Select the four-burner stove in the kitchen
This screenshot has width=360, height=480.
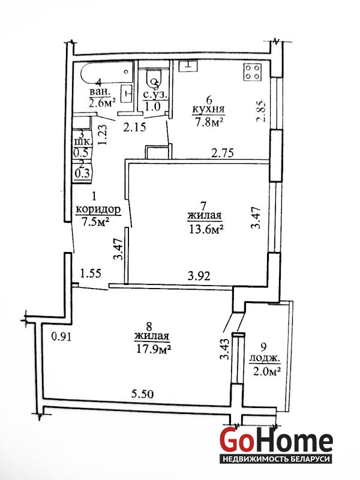click(x=253, y=72)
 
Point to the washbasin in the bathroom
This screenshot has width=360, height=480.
click(x=127, y=94)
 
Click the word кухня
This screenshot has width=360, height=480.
click(x=208, y=109)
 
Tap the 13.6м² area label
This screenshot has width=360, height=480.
click(x=206, y=229)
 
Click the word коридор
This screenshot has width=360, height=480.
click(x=98, y=209)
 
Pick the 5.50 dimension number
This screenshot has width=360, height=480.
click(x=142, y=394)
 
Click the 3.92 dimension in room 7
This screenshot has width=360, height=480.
click(x=199, y=276)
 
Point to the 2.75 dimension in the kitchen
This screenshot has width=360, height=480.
click(x=223, y=152)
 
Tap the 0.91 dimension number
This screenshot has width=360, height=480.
click(x=61, y=337)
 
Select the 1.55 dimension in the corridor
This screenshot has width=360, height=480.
click(x=91, y=273)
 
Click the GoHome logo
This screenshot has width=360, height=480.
click(x=277, y=444)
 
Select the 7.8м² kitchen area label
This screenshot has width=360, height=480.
click(x=208, y=123)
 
